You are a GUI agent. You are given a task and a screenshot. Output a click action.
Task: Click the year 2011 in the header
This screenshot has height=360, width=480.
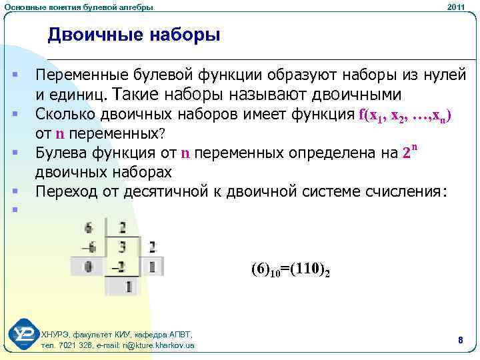tap(456, 7)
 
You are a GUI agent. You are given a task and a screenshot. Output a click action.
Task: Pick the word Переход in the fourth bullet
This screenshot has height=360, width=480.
tap(63, 192)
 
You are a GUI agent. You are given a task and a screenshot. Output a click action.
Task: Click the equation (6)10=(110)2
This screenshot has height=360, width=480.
tap(291, 270)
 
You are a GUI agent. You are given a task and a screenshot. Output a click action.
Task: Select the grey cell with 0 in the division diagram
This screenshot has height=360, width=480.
tap(88, 267)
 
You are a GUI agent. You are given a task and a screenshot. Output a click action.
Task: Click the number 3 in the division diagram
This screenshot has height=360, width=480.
tap(123, 248)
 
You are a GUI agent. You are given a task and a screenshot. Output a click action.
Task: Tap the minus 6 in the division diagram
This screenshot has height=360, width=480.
tap(88, 248)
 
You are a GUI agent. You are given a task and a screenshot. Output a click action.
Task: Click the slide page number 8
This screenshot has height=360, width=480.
tap(460, 341)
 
